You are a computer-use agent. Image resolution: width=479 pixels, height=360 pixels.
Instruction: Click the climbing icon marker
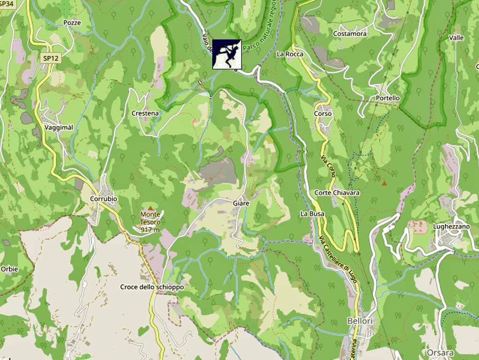click(227, 54)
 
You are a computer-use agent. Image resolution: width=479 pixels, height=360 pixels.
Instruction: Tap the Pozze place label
click(72, 23)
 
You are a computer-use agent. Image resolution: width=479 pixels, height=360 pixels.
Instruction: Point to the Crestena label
click(145, 113)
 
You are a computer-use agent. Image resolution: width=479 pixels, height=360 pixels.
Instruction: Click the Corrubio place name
click(103, 199)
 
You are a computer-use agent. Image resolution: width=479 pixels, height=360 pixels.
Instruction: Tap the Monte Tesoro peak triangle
click(150, 208)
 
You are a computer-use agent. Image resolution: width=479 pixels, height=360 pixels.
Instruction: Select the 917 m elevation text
click(150, 230)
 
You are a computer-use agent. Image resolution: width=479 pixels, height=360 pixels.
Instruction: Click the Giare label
click(240, 203)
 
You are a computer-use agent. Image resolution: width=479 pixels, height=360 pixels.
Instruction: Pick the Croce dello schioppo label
click(152, 287)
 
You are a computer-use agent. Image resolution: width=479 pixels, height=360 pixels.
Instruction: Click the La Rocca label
click(290, 54)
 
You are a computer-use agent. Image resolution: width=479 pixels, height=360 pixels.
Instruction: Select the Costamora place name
click(349, 34)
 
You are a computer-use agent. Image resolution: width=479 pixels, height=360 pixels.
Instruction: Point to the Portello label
click(387, 98)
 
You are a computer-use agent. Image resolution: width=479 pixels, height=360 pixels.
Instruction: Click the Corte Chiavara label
click(337, 193)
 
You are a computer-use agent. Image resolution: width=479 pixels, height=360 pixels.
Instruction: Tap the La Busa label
click(312, 214)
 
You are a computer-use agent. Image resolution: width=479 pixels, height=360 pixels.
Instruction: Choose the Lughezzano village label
click(451, 226)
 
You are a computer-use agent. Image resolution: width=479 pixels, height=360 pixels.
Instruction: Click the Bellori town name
click(360, 321)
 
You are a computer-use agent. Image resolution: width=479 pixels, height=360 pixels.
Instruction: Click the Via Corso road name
click(328, 167)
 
